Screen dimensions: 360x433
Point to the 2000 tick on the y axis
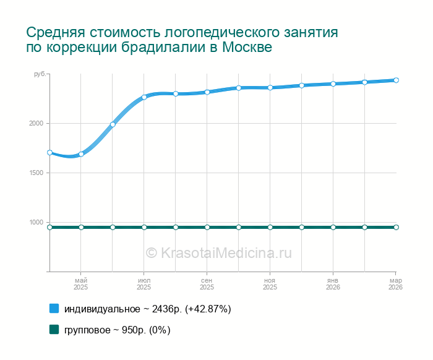35,124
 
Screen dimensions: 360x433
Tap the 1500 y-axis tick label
35,173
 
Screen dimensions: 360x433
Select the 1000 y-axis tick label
35,223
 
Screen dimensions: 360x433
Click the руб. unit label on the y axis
40,75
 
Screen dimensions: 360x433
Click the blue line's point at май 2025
81,154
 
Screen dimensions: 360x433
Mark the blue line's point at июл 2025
144,97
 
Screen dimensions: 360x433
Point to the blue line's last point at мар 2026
396,80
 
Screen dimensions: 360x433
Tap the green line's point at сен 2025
207,227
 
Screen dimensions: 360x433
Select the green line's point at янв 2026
333,227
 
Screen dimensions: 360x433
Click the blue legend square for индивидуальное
54,308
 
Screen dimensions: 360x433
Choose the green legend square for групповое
54,330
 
